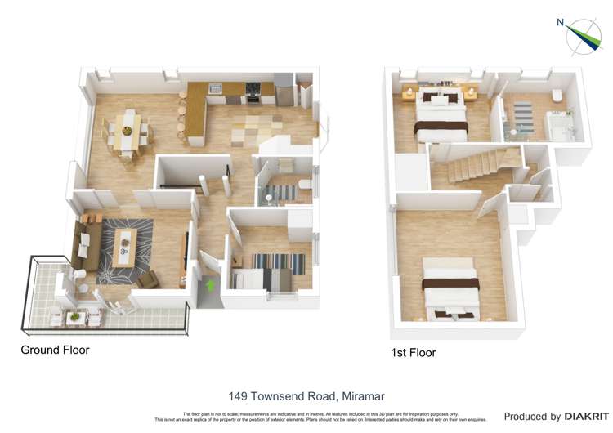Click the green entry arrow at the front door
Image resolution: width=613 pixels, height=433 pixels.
point(211,286)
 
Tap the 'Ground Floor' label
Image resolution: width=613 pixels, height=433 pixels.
point(55,350)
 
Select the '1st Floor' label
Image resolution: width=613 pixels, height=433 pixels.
point(413,353)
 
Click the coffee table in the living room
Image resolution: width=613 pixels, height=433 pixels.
point(125,247)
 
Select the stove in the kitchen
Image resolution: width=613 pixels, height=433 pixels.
point(253,92)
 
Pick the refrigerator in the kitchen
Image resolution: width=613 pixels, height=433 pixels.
point(283,90)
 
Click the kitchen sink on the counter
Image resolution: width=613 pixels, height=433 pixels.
point(215,88)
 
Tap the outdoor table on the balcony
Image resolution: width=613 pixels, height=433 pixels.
point(76,315)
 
